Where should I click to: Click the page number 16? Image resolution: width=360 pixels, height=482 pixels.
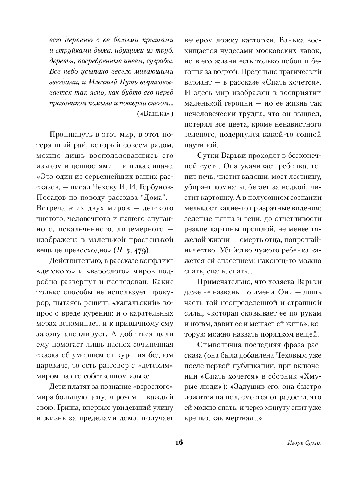178,443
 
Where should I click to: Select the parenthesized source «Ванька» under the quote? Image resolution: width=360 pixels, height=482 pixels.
155,114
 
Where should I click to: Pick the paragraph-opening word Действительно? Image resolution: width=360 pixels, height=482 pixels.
74,261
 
